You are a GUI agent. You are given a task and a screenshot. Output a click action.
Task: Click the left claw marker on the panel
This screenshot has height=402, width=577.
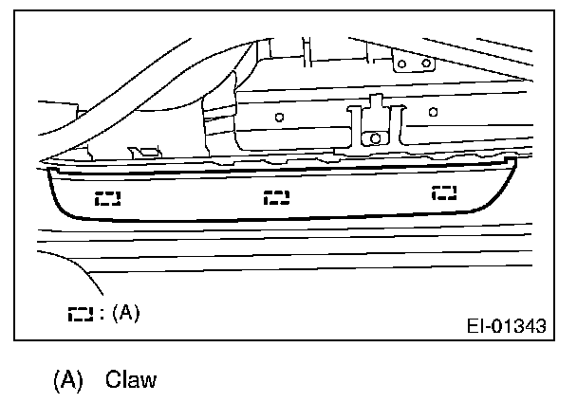click(108, 199)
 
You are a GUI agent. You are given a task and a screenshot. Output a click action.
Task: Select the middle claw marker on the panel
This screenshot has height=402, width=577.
click(277, 197)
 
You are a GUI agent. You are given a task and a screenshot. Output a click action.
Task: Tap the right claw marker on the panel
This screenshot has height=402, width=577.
click(443, 193)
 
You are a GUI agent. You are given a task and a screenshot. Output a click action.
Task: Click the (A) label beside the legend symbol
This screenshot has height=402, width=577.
click(125, 313)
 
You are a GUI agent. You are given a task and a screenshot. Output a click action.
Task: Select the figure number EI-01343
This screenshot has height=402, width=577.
click(506, 327)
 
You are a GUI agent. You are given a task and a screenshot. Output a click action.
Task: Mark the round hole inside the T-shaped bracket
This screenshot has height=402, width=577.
click(375, 138)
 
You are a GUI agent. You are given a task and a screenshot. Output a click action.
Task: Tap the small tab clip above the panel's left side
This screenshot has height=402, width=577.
click(145, 152)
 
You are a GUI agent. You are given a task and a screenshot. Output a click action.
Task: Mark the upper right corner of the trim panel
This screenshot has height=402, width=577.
click(513, 160)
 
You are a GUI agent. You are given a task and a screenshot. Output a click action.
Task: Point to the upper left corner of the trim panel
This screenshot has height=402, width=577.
click(48, 170)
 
